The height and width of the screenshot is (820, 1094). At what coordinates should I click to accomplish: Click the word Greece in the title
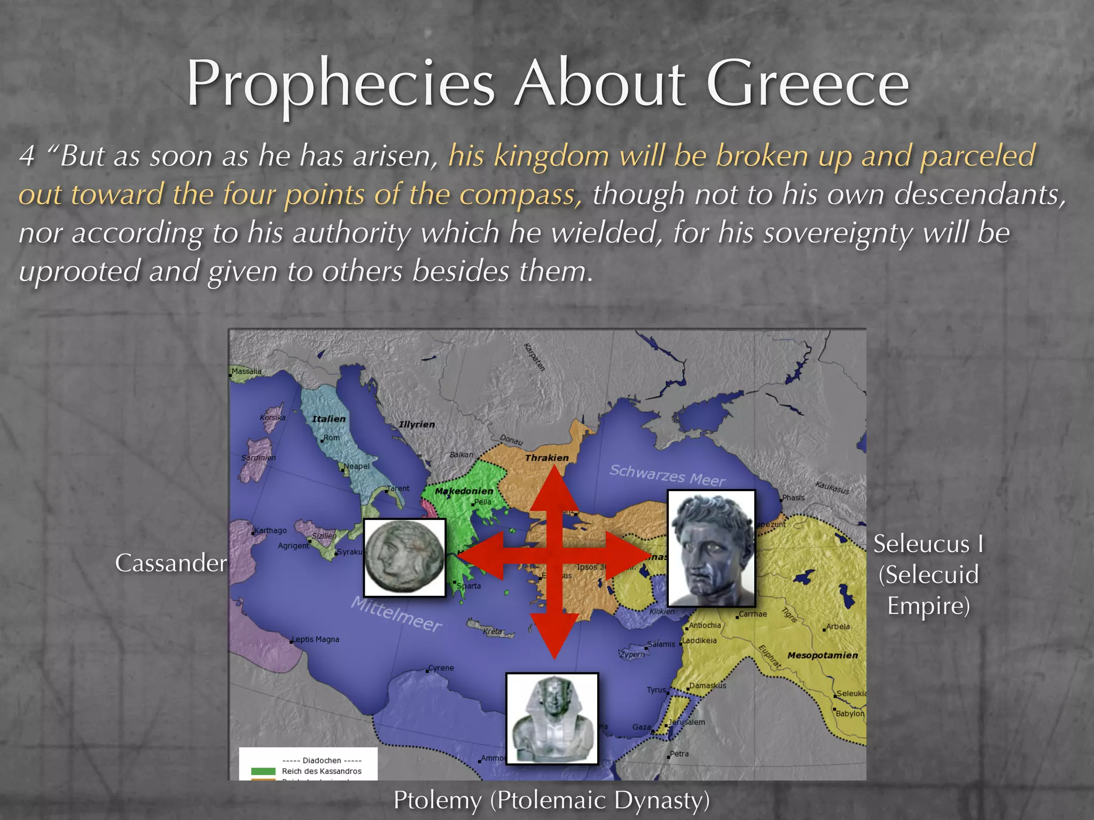tap(807, 84)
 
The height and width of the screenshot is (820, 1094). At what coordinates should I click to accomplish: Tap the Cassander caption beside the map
tap(171, 563)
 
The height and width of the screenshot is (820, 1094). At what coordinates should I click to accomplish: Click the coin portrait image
tap(405, 557)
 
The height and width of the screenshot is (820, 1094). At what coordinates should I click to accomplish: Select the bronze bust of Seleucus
tap(712, 548)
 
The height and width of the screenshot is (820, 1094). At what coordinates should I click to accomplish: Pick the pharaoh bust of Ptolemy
tap(552, 719)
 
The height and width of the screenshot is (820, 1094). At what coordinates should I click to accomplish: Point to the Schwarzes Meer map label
tap(667, 475)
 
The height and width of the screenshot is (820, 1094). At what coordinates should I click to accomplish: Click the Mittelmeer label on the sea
tap(396, 614)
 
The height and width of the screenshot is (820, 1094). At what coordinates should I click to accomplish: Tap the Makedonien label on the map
tap(464, 491)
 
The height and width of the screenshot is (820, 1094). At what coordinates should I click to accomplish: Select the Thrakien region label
tap(546, 458)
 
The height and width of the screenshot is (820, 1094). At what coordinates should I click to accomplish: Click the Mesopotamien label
tap(822, 655)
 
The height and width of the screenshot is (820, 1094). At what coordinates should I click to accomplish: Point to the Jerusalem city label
tap(686, 722)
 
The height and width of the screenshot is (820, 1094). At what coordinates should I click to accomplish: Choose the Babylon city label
tap(850, 714)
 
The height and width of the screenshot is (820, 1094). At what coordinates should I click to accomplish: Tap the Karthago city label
tap(270, 531)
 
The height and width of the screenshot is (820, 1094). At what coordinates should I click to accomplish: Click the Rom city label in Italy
tap(331, 438)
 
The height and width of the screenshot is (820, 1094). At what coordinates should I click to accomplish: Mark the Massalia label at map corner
tap(246, 371)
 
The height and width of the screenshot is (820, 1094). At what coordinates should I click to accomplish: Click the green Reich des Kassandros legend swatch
tap(263, 771)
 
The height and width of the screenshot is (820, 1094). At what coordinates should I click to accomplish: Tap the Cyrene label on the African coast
tap(441, 668)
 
